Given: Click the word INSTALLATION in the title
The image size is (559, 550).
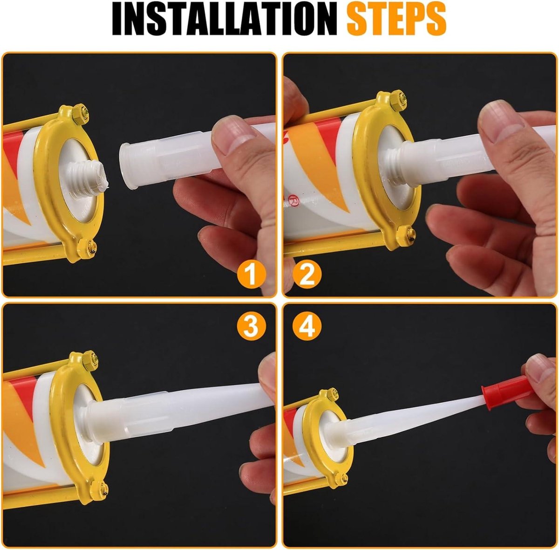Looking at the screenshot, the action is click(225, 19).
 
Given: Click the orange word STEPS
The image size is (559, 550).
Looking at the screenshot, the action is click(396, 19).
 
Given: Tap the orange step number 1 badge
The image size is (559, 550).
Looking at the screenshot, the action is click(251, 274).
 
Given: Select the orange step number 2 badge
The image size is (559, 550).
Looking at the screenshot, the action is click(307, 274).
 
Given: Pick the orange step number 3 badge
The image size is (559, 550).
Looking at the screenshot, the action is click(251, 326).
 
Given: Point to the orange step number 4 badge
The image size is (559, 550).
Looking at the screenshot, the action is click(307, 326).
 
